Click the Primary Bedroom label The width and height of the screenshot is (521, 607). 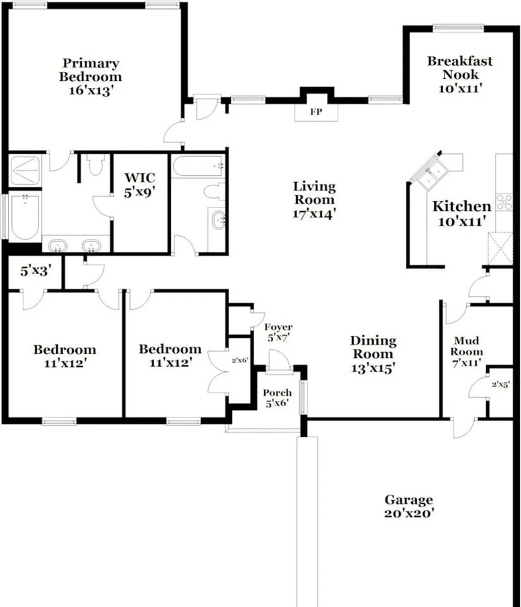coord(90,70)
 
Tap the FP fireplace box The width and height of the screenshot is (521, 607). coord(316,113)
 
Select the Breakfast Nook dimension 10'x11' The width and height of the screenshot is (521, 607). coord(460,89)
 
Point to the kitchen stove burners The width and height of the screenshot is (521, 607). coord(504,202)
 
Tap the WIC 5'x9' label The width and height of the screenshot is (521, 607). coord(140,184)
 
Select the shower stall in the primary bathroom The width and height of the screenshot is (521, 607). coord(25,171)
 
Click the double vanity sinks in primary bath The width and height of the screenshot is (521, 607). coord(75,245)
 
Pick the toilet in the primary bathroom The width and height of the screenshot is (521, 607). coord(96,165)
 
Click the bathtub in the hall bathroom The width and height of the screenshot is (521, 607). coord(198,167)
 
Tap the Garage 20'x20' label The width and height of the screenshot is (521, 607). coord(409,506)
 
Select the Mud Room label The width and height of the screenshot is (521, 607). coord(467,346)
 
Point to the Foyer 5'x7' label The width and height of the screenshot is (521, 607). coord(278,332)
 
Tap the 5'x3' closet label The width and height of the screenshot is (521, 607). coord(35,271)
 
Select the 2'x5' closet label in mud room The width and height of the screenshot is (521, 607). coord(501,384)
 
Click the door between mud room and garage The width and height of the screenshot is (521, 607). coord(463,427)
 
